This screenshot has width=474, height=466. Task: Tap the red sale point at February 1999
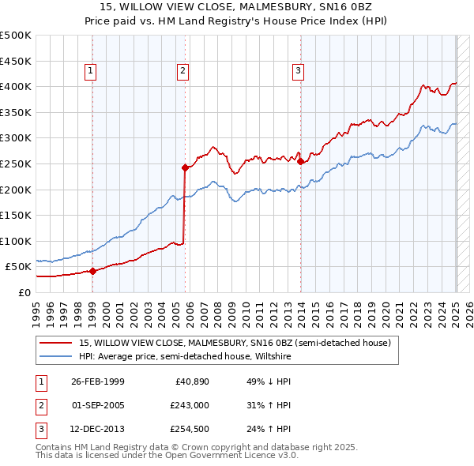92,271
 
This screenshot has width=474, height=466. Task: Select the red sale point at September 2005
185,167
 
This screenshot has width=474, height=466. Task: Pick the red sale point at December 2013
300,161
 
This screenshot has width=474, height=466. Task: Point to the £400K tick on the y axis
16,86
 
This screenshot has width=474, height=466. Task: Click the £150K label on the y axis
16,215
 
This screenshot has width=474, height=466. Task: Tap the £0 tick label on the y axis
23,292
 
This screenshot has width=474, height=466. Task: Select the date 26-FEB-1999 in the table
97,381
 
